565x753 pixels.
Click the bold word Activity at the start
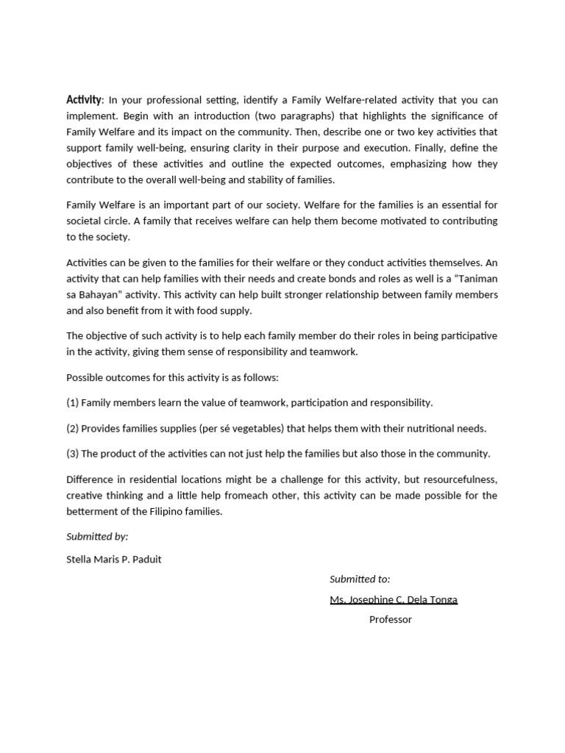point(83,100)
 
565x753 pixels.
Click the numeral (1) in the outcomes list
point(72,403)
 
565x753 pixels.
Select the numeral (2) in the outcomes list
point(72,429)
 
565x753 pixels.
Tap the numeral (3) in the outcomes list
point(72,454)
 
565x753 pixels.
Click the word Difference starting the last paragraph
point(90,479)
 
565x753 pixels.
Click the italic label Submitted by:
point(97,537)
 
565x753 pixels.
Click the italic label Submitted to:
point(360,579)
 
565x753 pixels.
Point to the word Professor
point(391,620)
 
